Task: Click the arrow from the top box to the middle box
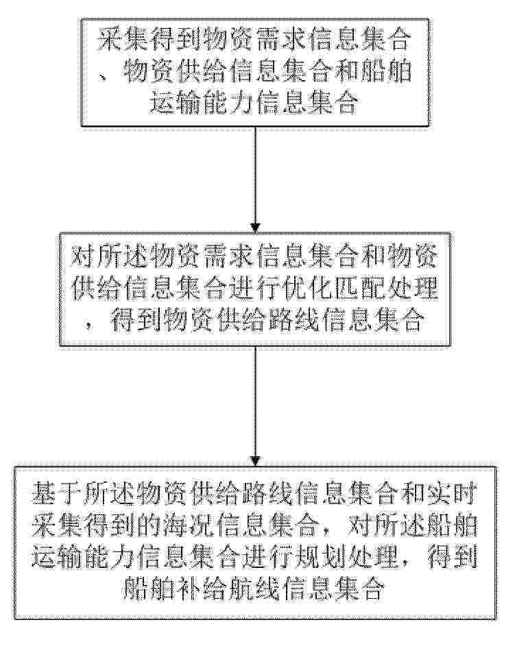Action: pos(255,179)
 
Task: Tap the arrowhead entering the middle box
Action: pos(255,228)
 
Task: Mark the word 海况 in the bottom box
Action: pos(189,525)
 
